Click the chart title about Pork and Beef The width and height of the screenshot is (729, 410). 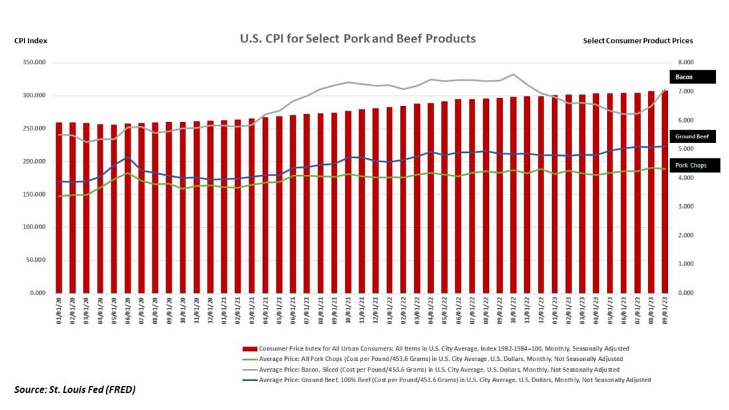(x=357, y=38)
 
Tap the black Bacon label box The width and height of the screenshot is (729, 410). (x=693, y=77)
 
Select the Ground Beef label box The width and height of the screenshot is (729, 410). (x=693, y=136)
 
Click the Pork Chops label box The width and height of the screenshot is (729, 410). (x=693, y=166)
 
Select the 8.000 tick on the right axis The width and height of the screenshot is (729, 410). (x=682, y=63)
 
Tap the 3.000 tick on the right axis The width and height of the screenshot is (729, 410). (x=682, y=207)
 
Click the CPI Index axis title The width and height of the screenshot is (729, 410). (x=30, y=40)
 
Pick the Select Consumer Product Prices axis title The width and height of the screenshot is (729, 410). (x=638, y=40)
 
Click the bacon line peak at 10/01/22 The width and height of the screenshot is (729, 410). (x=513, y=74)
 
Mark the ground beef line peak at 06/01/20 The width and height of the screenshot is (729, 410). (x=128, y=157)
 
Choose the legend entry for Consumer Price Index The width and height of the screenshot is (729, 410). (x=437, y=348)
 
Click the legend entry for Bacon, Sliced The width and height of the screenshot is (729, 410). (x=437, y=369)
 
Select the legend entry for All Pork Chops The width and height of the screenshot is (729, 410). (x=437, y=358)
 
